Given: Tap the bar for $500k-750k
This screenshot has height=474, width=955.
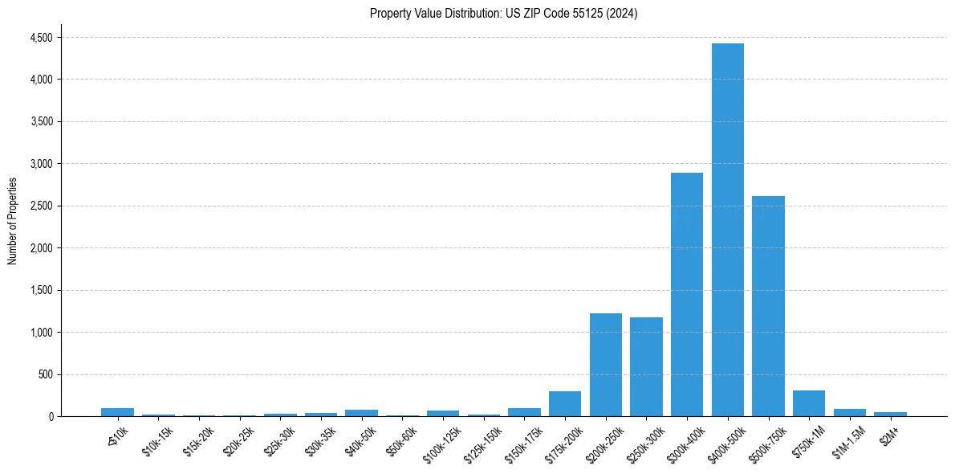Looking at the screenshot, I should tap(768, 306).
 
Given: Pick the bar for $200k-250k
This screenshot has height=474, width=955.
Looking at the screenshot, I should tap(605, 365).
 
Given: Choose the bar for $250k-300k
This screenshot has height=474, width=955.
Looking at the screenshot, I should tap(646, 366).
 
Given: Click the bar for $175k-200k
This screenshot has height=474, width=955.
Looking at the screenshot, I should tap(565, 403).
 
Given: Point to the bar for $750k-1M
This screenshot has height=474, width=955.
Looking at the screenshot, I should tap(808, 403).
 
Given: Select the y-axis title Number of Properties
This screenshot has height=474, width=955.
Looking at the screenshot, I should tap(13, 221).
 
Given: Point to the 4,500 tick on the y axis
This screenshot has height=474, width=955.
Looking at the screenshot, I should tap(40, 38).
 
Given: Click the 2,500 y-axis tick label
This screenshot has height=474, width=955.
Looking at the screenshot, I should tap(40, 206).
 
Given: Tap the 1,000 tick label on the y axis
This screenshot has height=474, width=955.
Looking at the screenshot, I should tap(40, 333).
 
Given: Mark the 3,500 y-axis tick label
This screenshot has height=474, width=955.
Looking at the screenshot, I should tap(40, 122).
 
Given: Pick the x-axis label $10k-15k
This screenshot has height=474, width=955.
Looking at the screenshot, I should tap(156, 438).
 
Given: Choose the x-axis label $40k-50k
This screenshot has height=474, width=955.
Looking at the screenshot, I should tap(359, 438).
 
